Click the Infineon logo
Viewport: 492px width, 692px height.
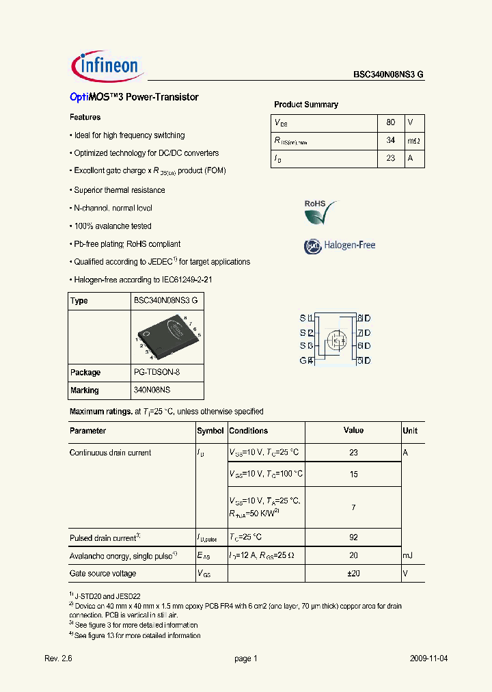106,66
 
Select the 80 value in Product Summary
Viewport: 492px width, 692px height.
390,122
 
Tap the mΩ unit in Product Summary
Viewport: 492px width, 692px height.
414,140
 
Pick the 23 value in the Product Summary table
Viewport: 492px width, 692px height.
390,158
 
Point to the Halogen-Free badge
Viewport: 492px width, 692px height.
340,245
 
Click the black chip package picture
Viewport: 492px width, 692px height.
167,336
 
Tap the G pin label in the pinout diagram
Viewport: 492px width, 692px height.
303,360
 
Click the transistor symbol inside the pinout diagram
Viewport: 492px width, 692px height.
335,339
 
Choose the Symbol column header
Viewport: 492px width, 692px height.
210,431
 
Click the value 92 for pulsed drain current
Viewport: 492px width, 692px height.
353,537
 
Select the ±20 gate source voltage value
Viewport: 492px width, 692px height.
353,574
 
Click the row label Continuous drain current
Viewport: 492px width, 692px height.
111,453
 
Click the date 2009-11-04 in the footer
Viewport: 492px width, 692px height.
429,658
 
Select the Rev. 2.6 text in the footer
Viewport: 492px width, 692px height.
58,658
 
